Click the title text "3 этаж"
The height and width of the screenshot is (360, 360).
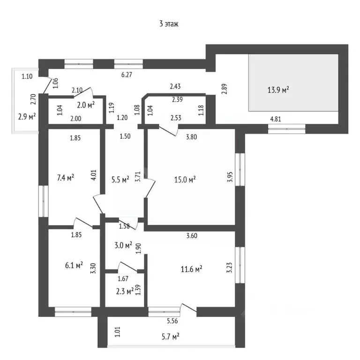(169, 24)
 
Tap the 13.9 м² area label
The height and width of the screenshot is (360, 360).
(278, 90)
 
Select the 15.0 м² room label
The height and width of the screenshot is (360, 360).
(185, 180)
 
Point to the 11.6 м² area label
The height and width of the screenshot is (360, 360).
(191, 269)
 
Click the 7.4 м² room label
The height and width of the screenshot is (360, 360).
(66, 178)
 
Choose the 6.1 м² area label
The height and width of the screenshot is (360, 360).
(74, 265)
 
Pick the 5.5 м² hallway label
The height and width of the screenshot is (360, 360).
(120, 180)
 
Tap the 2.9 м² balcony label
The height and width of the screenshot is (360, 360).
(27, 117)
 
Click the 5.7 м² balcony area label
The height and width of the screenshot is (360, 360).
(170, 337)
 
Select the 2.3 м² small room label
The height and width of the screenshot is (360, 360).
(125, 292)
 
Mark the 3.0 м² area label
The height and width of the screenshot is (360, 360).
(123, 245)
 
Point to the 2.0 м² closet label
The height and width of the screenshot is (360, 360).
(86, 105)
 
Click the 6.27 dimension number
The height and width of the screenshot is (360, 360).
(127, 75)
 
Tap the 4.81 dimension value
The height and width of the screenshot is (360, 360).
(276, 119)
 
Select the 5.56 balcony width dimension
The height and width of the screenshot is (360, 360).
(172, 321)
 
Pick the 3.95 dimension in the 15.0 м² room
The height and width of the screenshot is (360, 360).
(230, 177)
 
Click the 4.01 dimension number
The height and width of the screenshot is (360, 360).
(94, 175)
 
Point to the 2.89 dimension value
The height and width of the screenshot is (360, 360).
(224, 89)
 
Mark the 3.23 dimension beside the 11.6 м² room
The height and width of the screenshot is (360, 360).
(229, 268)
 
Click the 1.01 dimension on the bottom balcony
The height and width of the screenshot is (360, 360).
(117, 332)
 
